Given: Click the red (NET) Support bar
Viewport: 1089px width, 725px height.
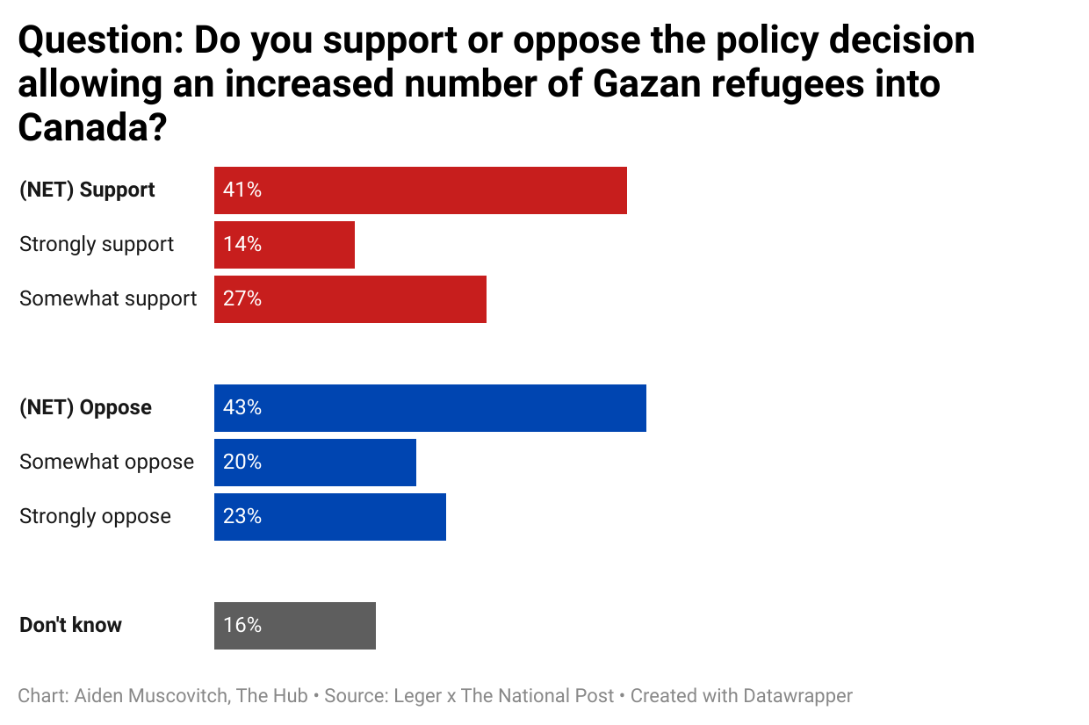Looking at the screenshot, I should tap(420, 190).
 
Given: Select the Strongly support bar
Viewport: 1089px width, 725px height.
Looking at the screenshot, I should tap(284, 245).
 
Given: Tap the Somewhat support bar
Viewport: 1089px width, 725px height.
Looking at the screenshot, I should tap(350, 299).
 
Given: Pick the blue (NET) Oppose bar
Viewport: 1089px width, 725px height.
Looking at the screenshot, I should tap(429, 408).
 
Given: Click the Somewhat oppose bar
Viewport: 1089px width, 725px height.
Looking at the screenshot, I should tap(314, 463).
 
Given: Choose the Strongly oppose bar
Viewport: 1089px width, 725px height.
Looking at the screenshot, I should tap(329, 517).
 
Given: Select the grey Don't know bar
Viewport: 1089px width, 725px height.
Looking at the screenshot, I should tap(294, 626).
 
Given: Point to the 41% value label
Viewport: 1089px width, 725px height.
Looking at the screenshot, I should tap(242, 190).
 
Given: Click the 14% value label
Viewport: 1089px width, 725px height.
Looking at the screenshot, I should tap(242, 245).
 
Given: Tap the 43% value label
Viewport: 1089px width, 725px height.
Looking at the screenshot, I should tap(242, 408).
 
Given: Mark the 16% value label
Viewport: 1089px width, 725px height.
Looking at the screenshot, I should tap(242, 626).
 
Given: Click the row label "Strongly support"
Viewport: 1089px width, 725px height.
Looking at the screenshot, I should tap(97, 244).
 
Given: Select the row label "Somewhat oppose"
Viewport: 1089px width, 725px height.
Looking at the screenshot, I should tap(106, 462).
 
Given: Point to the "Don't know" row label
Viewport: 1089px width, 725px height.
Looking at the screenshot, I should tap(70, 625).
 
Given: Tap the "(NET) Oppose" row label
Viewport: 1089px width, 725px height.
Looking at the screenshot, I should tap(85, 407).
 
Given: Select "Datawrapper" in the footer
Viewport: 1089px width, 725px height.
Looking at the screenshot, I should tap(797, 696).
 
